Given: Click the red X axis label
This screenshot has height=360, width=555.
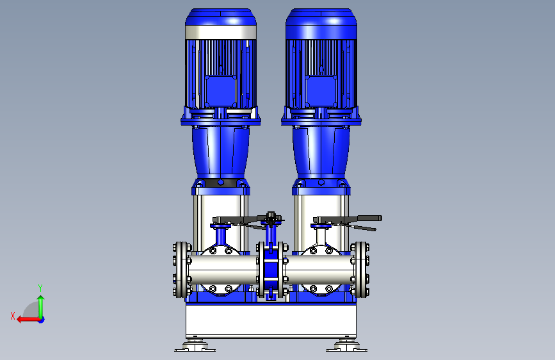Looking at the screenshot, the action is coord(13,316).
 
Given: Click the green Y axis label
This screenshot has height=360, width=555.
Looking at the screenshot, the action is coord(40,288).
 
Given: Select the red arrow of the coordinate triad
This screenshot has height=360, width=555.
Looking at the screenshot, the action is coord(28,320).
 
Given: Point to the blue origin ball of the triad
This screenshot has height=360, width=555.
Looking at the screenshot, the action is coord(42,320).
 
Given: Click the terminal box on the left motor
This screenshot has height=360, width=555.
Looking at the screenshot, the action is coord(220,91).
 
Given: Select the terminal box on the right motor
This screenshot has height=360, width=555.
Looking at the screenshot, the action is coord(321,91).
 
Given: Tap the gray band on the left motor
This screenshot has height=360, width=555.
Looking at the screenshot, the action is coord(220,32).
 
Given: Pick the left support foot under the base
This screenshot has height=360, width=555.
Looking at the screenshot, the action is coord(195,346).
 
